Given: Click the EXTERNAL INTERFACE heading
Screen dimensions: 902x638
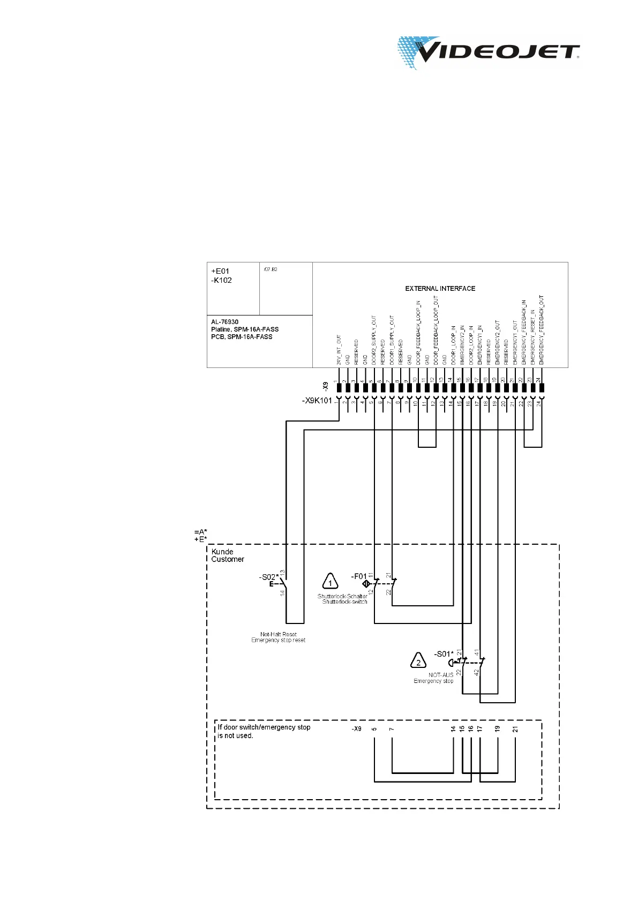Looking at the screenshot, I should coord(440,289).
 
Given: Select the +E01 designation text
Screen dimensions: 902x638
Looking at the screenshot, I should coord(220,271).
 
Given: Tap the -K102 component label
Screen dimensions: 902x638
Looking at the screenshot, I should coord(222,280).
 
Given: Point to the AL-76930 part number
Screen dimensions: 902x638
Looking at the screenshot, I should coord(225,322).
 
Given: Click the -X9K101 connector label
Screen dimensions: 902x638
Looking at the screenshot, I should coord(317,401).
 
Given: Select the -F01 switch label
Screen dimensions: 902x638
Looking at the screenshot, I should coord(359,576).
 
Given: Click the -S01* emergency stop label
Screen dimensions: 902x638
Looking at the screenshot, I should coord(444,654).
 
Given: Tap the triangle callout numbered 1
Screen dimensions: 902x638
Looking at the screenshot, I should coord(330,582).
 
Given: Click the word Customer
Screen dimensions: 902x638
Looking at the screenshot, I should coord(228,559).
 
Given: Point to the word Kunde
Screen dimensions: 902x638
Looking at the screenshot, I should coord(222,552).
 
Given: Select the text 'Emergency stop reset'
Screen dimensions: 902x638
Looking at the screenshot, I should coord(278,640).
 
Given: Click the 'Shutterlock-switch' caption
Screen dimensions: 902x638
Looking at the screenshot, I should coord(344,602).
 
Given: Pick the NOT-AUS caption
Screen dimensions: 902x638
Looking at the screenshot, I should coord(441,675).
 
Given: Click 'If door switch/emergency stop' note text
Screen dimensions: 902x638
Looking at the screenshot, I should coord(264,727).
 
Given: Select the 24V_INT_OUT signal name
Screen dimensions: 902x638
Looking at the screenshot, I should coord(339,351).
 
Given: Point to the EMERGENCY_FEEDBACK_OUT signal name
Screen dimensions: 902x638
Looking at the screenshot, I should coord(542,330).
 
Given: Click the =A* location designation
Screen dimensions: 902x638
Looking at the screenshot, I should coord(200,532).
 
